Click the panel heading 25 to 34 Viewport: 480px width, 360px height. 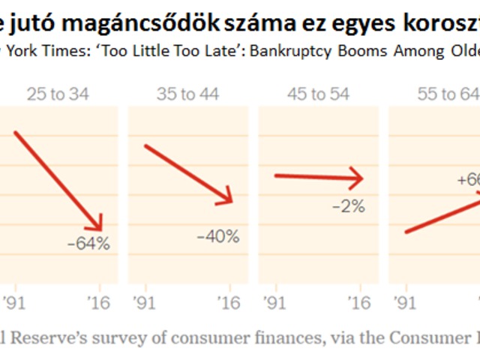pos(57,94)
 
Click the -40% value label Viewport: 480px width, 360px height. pos(217,237)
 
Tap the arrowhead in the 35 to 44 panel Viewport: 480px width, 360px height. pos(227,199)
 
